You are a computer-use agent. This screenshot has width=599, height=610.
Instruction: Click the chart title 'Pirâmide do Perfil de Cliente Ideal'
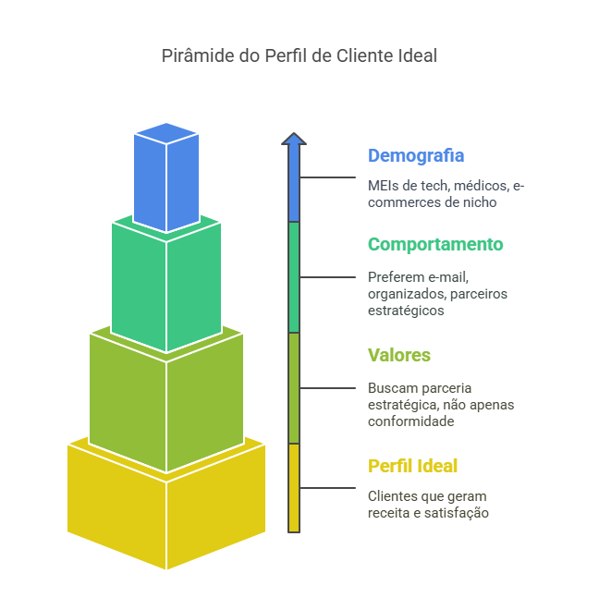[299, 55]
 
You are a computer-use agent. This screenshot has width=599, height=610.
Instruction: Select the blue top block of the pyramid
[166, 180]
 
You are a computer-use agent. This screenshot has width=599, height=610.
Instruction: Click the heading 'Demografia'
[416, 155]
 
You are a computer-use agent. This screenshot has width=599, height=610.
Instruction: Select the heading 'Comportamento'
[435, 244]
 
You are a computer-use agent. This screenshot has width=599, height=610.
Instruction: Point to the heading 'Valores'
[399, 355]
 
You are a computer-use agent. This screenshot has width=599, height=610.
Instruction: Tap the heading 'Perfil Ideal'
[412, 466]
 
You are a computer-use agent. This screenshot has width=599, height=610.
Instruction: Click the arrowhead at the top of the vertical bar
[294, 139]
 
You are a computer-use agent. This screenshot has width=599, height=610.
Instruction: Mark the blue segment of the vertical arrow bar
[294, 185]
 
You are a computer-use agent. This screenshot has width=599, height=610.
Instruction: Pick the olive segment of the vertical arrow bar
[294, 388]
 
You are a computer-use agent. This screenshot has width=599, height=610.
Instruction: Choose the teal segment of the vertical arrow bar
[294, 277]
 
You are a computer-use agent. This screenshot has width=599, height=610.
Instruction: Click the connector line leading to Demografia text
[328, 177]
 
